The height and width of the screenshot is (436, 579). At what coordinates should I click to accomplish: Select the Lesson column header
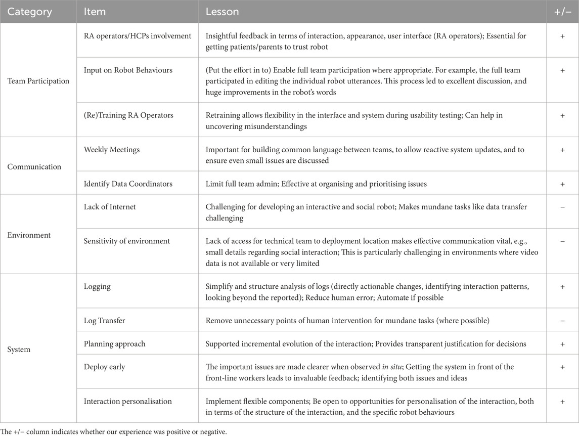[x=222, y=11]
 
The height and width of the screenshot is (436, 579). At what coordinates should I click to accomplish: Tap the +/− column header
[x=562, y=11]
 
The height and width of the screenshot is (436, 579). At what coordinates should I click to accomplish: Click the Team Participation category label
[x=38, y=81]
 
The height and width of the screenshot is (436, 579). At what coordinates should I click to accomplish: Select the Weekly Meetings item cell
[x=111, y=150]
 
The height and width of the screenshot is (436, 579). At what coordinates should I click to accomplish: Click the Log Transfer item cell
[x=104, y=321]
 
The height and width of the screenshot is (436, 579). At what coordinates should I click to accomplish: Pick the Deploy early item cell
[x=104, y=367]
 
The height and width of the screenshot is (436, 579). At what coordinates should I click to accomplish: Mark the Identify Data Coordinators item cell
[x=128, y=184]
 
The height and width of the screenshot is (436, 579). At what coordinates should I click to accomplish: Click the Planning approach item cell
[x=114, y=344]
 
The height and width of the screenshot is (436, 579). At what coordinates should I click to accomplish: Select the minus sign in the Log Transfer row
[x=562, y=321]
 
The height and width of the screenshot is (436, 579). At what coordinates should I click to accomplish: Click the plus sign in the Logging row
[x=562, y=287]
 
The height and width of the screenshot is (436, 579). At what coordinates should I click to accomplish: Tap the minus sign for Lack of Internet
[x=562, y=207]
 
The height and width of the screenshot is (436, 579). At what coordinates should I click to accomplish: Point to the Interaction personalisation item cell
[x=128, y=401]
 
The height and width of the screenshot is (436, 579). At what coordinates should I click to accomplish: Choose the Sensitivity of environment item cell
[x=126, y=241]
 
